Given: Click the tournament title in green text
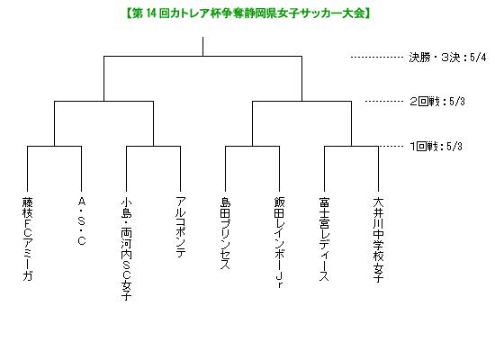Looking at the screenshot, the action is (x=247, y=13).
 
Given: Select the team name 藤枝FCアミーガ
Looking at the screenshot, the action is (x=28, y=238).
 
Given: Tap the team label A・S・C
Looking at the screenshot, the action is (x=81, y=221).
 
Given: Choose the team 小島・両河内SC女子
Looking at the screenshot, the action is (x=126, y=248).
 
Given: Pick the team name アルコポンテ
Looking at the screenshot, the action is (x=181, y=227).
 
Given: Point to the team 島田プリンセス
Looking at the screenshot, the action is (x=225, y=233).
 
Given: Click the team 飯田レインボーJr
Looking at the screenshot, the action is (x=279, y=242).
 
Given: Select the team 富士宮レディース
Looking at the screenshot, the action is (x=324, y=238).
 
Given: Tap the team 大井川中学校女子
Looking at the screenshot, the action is (x=378, y=239).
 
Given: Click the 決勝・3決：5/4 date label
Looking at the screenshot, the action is (x=447, y=58).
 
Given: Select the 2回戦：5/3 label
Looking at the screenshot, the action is (x=436, y=102).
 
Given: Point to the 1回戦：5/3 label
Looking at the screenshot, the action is (x=436, y=147).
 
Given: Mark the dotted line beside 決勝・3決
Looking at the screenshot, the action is (x=377, y=58).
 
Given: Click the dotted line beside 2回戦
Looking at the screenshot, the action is (x=384, y=102).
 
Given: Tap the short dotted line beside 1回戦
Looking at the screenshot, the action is (x=391, y=146).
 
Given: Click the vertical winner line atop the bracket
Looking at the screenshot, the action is (x=202, y=47).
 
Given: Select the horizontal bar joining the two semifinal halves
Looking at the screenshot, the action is (x=202, y=57).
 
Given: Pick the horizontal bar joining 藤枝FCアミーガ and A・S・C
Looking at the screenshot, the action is (x=54, y=146).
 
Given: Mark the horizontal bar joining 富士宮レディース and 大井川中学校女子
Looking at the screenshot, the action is (x=351, y=146).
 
